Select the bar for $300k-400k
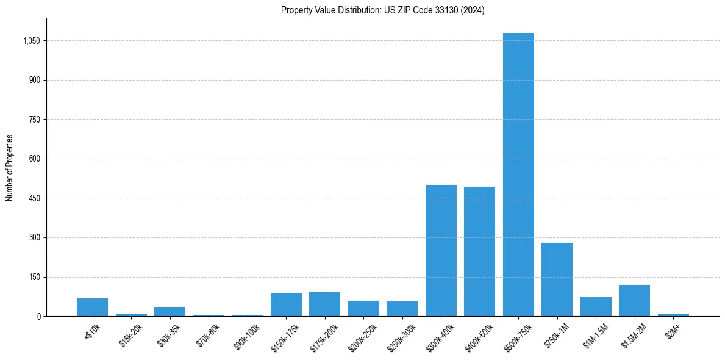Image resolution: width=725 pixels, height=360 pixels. [441, 250]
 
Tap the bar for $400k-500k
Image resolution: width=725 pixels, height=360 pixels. [479, 251]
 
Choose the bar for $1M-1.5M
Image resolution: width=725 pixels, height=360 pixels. [596, 306]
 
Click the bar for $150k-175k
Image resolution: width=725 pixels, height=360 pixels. [286, 304]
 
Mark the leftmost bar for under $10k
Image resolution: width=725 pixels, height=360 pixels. [92, 307]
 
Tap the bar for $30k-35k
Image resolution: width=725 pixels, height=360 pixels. [170, 311]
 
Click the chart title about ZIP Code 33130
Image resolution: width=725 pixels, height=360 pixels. [383, 10]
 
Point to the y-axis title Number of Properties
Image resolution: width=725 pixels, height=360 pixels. [10, 168]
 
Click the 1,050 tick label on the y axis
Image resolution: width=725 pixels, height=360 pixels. [31, 41]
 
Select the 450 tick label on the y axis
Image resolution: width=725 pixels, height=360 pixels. [34, 198]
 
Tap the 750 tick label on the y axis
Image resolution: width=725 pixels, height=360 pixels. [34, 120]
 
